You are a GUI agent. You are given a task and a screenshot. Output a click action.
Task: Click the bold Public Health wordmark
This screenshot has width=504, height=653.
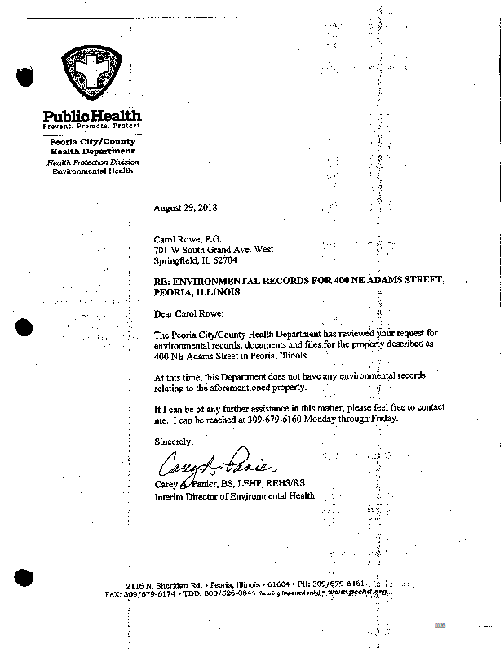click(x=92, y=116)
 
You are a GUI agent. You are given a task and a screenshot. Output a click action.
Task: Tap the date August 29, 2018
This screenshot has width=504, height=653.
click(x=185, y=207)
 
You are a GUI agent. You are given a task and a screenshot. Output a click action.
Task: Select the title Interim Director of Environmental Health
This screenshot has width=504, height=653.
click(x=234, y=495)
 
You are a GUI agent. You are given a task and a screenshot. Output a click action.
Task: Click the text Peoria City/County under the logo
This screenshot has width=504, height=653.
click(x=92, y=142)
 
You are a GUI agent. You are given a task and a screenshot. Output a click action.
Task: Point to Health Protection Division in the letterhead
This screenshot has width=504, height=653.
click(x=92, y=162)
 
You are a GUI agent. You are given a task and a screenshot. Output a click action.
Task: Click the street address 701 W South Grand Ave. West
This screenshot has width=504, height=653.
click(x=214, y=251)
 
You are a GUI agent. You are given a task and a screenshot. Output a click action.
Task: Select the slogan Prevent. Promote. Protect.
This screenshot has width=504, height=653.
click(x=92, y=127)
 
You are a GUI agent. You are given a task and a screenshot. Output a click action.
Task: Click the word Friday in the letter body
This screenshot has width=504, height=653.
click(x=382, y=418)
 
